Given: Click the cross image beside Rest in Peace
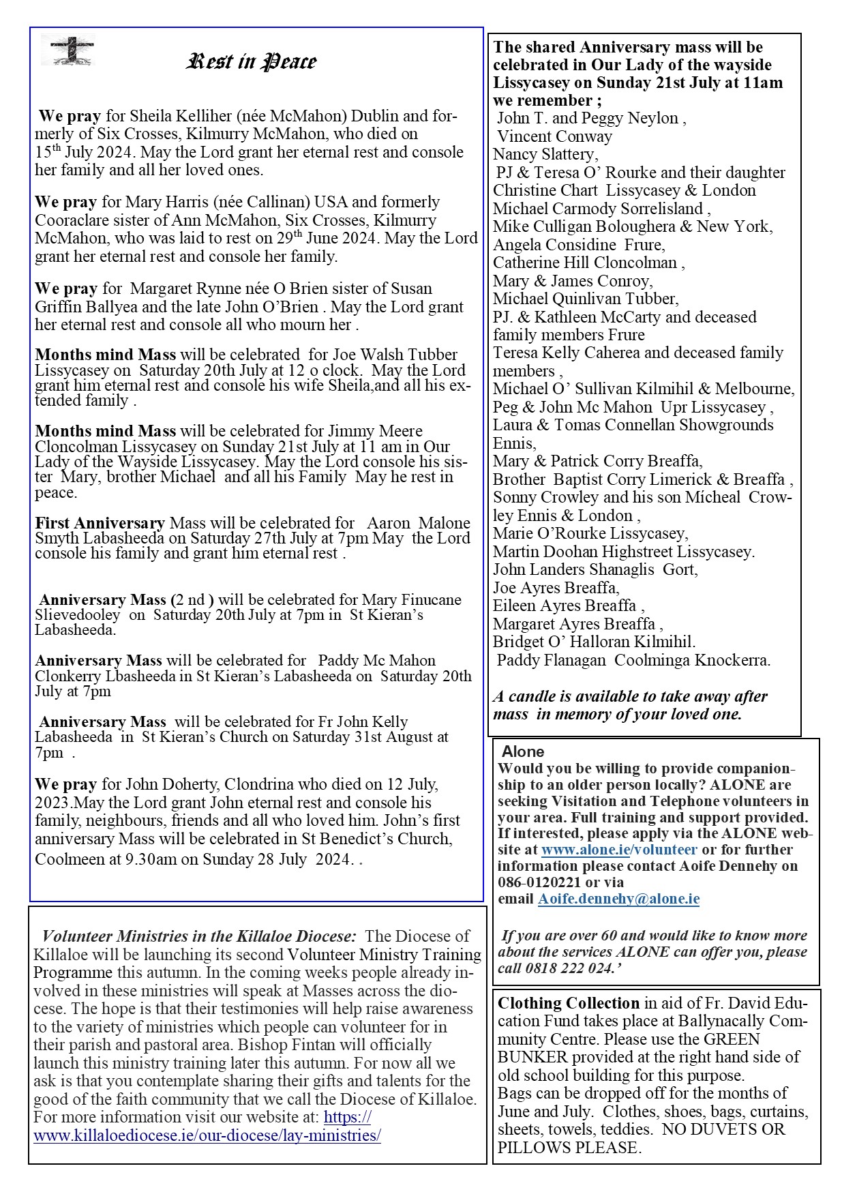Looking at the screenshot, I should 72,50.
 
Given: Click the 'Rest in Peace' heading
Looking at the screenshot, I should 252,62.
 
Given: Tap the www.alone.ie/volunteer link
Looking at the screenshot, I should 619,850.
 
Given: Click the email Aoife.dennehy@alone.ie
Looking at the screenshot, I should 618,899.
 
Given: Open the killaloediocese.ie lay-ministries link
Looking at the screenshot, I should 207,1135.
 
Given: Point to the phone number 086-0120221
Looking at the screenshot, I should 539,882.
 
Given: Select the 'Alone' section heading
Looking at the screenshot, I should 523,751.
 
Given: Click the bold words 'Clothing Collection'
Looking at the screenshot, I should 569,1003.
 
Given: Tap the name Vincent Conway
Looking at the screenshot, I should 554,136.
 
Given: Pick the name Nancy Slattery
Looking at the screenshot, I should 544,154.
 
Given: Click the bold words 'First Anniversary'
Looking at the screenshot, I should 100,523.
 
